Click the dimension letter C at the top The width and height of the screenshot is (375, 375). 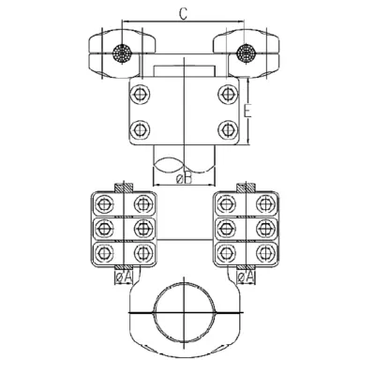click(184, 14)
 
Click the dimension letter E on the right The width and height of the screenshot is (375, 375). click(247, 112)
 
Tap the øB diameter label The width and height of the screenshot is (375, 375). click(184, 179)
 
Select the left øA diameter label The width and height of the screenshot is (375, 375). click(124, 277)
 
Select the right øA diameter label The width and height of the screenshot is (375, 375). click(247, 277)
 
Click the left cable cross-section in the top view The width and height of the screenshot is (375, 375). click(122, 53)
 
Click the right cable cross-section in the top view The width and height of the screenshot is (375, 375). click(246, 53)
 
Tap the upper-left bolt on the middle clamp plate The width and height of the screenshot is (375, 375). click(140, 94)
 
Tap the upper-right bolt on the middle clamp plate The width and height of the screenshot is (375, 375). click(228, 94)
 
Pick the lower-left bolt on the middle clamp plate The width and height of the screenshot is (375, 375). click(140, 129)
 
